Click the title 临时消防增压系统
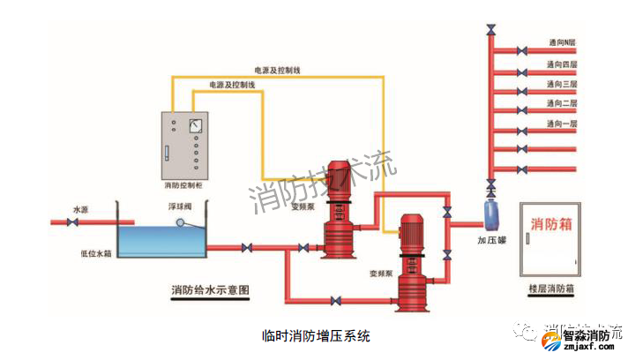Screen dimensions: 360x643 (x=317, y=335)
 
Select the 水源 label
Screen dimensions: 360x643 (x=81, y=209)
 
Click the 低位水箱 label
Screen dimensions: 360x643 (x=94, y=252)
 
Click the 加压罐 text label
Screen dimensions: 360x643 (x=491, y=240)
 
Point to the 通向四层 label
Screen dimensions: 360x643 (x=561, y=64)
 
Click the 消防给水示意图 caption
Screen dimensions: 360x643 (x=211, y=289)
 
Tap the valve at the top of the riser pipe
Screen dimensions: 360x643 (x=491, y=33)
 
